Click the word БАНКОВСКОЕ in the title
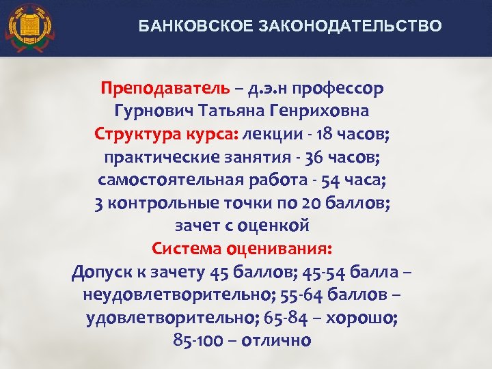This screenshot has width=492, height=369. tap(180, 27)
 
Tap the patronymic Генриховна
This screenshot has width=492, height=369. tap(322, 111)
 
